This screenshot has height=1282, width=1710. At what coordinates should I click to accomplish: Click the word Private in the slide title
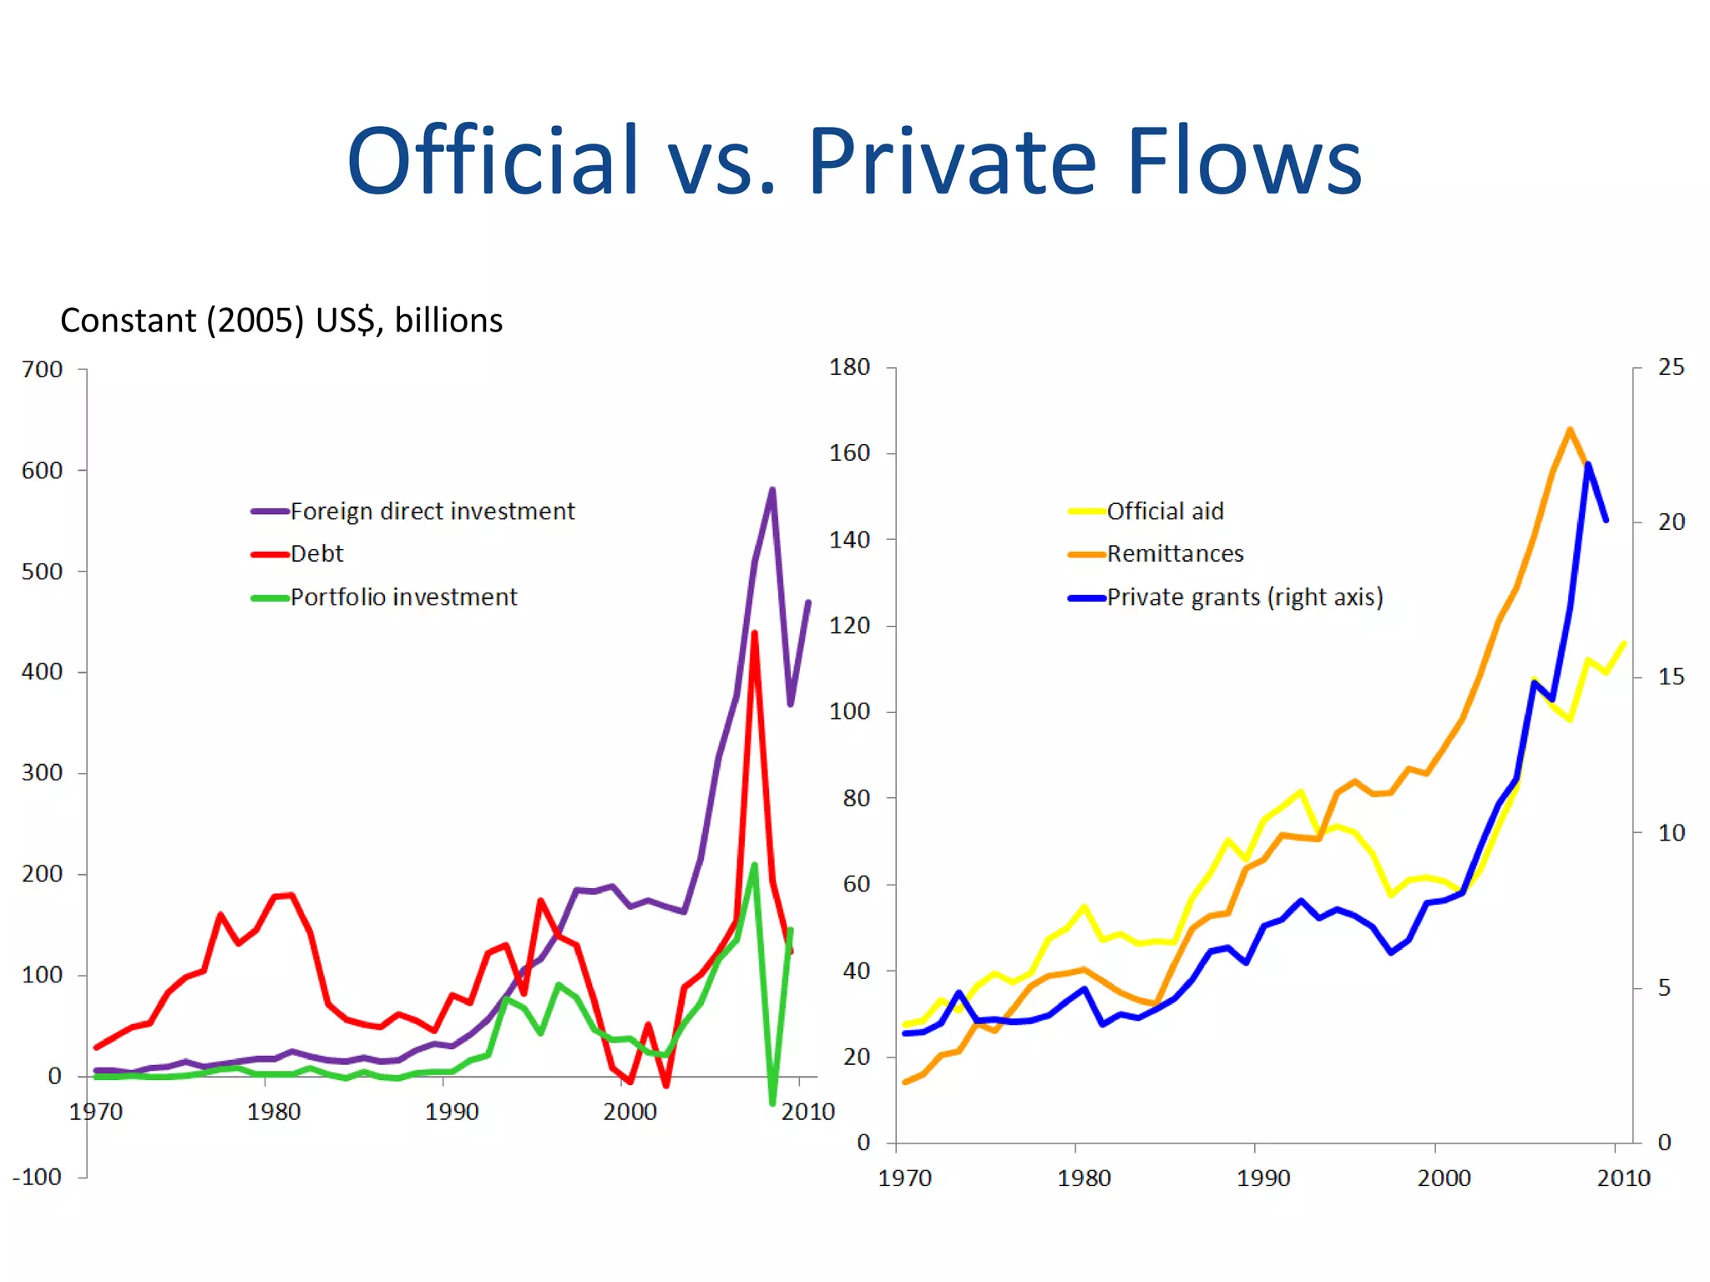pyautogui.click(x=951, y=161)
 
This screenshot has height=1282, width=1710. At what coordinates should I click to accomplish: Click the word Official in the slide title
pyautogui.click(x=493, y=161)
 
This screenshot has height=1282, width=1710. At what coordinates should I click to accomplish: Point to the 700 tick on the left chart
pyautogui.click(x=43, y=369)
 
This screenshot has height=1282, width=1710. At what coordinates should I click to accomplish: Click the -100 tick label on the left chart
pyautogui.click(x=38, y=1176)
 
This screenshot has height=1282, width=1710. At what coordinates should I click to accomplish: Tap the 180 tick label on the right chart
pyautogui.click(x=849, y=366)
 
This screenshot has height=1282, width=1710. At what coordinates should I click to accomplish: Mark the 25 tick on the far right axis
pyautogui.click(x=1671, y=366)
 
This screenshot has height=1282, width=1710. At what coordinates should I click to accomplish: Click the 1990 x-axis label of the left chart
pyautogui.click(x=452, y=1111)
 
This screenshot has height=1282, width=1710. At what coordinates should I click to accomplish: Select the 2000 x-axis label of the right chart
pyautogui.click(x=1444, y=1178)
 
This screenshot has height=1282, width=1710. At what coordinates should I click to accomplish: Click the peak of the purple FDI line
pyautogui.click(x=772, y=490)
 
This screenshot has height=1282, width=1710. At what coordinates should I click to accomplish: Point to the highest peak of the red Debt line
pyautogui.click(x=754, y=633)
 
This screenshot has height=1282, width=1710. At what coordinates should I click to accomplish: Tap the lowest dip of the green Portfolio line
pyautogui.click(x=772, y=1103)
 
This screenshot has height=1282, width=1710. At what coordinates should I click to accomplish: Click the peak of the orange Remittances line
pyautogui.click(x=1570, y=430)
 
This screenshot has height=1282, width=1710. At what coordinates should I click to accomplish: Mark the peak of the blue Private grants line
pyautogui.click(x=1587, y=464)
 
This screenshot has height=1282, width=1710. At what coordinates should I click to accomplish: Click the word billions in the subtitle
pyautogui.click(x=448, y=320)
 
